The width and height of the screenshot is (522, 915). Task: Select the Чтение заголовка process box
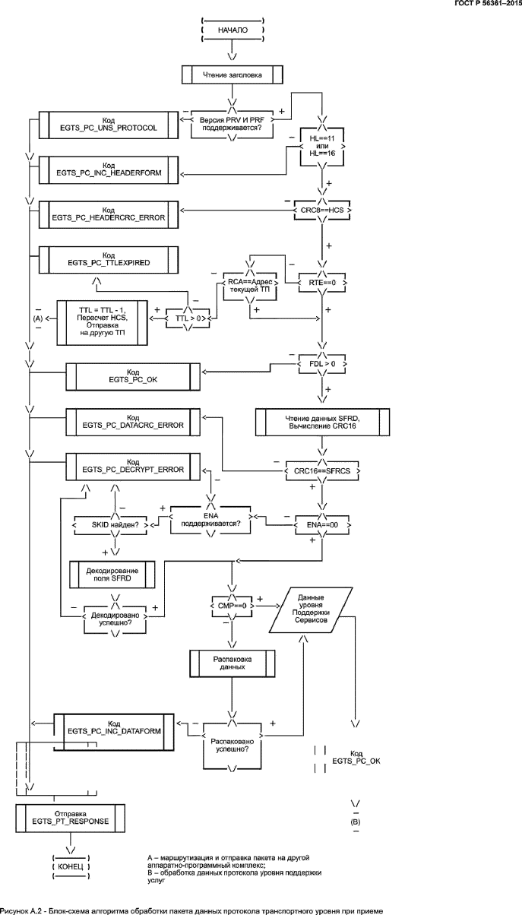[x=233, y=74]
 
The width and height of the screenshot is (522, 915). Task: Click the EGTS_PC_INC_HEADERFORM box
[x=108, y=168]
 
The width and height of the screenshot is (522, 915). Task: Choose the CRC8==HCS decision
[x=322, y=208]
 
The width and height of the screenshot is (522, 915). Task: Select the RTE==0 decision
[x=322, y=283]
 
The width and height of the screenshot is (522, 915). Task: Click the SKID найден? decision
[x=114, y=524]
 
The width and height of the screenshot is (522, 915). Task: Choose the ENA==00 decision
[x=322, y=524]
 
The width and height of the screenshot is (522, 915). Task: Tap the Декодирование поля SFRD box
[x=112, y=575]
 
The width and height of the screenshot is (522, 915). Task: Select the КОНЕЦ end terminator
[x=71, y=866]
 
